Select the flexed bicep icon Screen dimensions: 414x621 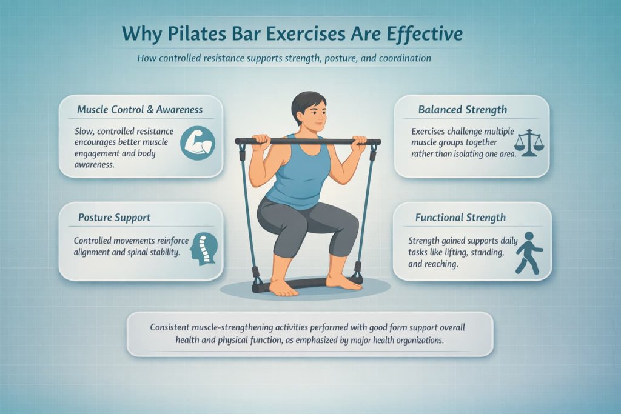click(x=198, y=143)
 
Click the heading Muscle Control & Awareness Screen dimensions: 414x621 click(x=139, y=110)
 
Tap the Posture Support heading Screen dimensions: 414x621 click(x=114, y=217)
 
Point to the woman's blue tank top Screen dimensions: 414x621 click(x=298, y=173)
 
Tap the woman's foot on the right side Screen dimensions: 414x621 click(x=343, y=282)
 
